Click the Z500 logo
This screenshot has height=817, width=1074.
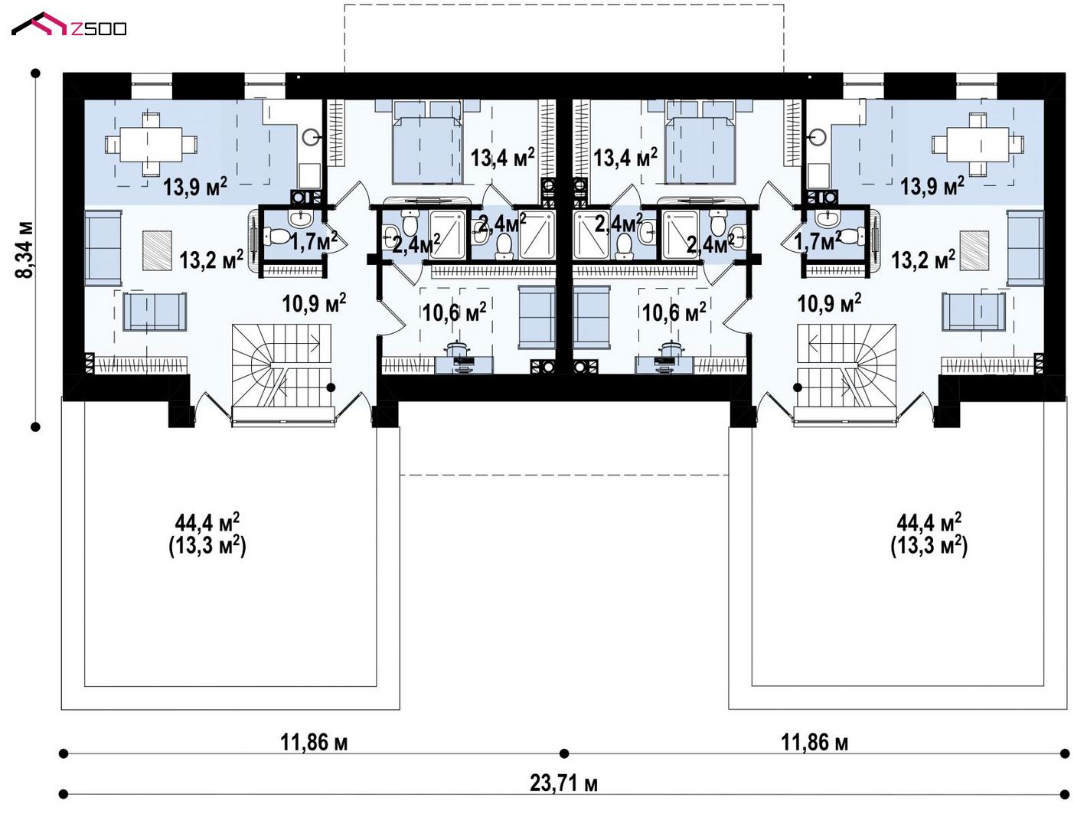(69, 25)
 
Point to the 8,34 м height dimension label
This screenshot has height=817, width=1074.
(24, 250)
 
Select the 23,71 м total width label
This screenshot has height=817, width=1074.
(563, 783)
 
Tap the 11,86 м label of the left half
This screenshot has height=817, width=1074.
(314, 742)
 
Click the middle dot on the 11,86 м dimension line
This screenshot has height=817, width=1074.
(563, 753)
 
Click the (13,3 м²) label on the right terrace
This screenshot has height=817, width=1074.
(929, 546)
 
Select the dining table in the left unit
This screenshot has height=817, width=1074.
(152, 145)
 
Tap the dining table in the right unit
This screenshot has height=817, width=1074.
(978, 145)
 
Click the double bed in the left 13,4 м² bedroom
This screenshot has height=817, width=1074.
(428, 142)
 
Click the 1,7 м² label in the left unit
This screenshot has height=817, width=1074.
(314, 240)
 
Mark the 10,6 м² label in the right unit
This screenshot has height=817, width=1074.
(674, 312)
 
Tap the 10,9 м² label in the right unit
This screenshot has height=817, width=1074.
(829, 303)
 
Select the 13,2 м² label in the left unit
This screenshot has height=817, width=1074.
(211, 260)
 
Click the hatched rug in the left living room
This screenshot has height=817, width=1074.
(157, 250)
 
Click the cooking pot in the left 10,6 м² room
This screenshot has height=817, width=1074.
(457, 348)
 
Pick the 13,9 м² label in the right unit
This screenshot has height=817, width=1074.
(932, 186)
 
